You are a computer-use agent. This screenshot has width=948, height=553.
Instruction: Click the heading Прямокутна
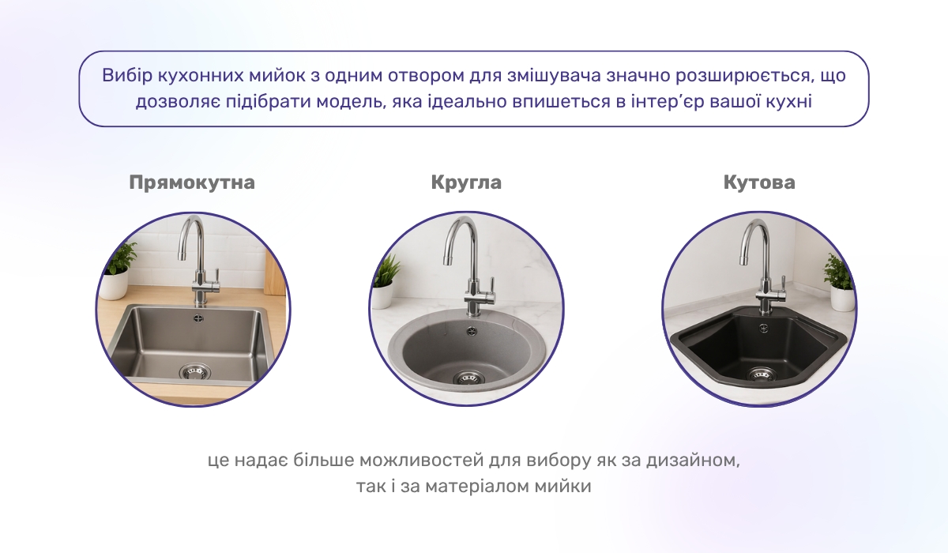(x=192, y=182)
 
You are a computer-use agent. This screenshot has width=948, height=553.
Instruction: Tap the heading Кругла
(x=466, y=182)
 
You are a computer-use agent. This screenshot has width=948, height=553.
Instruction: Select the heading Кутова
(x=759, y=182)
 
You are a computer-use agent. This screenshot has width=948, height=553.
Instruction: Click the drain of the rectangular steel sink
(x=194, y=371)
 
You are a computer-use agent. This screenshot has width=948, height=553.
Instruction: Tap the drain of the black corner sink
(x=762, y=374)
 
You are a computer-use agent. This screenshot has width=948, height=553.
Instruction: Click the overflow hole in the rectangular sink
(x=197, y=318)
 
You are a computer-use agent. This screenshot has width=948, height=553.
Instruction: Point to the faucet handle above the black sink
(x=782, y=284)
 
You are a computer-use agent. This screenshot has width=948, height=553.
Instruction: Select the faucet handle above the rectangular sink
(x=214, y=276)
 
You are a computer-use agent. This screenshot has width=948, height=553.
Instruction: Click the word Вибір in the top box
(x=122, y=77)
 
